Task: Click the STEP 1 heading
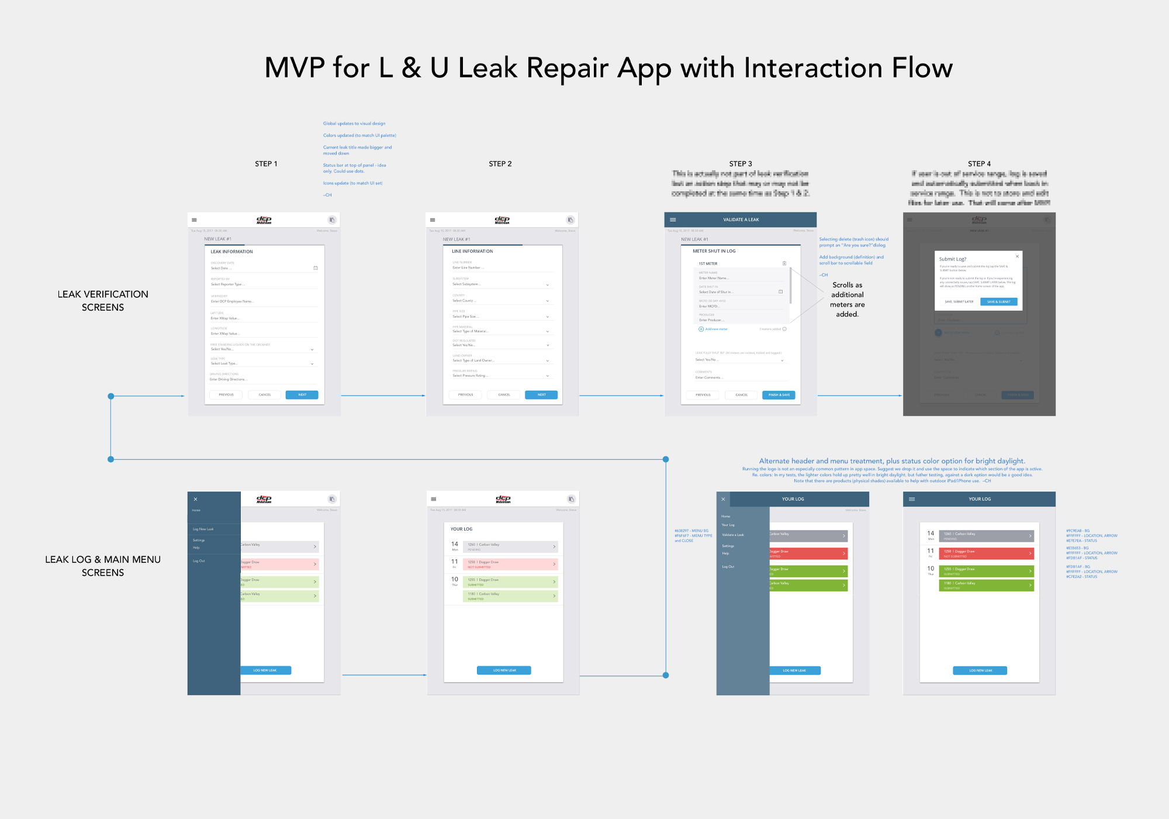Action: (x=266, y=164)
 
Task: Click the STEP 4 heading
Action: (x=979, y=164)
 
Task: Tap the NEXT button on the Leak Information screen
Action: (x=302, y=395)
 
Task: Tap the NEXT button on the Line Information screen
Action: (x=541, y=395)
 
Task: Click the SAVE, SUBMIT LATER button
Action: (x=959, y=302)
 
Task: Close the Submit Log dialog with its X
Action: (x=1017, y=256)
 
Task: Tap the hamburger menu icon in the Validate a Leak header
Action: (x=673, y=220)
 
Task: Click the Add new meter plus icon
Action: (x=701, y=329)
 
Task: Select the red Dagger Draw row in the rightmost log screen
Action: (x=986, y=553)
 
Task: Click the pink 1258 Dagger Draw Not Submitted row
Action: (x=510, y=565)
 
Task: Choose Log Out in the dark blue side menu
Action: (x=199, y=561)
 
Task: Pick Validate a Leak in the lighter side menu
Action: (x=732, y=535)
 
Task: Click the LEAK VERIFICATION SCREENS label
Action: (x=103, y=301)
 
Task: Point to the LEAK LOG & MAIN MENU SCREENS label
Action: (x=103, y=566)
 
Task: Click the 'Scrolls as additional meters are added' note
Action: (x=847, y=300)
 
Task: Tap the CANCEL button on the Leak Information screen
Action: (x=265, y=395)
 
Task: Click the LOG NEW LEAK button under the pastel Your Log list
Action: (x=504, y=670)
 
